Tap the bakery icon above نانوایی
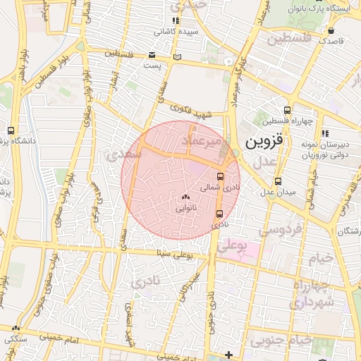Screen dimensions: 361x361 point(186,197)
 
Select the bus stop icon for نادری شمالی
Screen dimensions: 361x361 point(220,176)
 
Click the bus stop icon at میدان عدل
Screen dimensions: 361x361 point(278,181)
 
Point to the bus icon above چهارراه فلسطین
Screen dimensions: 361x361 point(286,109)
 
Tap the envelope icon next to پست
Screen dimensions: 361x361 point(152,55)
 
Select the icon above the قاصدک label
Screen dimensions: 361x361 point(331,30)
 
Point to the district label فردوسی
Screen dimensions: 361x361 point(280,229)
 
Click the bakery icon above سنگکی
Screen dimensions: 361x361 point(16,328)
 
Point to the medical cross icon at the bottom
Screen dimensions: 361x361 point(228,354)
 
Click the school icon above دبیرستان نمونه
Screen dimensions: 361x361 point(324,133)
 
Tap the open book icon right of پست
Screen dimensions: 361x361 point(177,56)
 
